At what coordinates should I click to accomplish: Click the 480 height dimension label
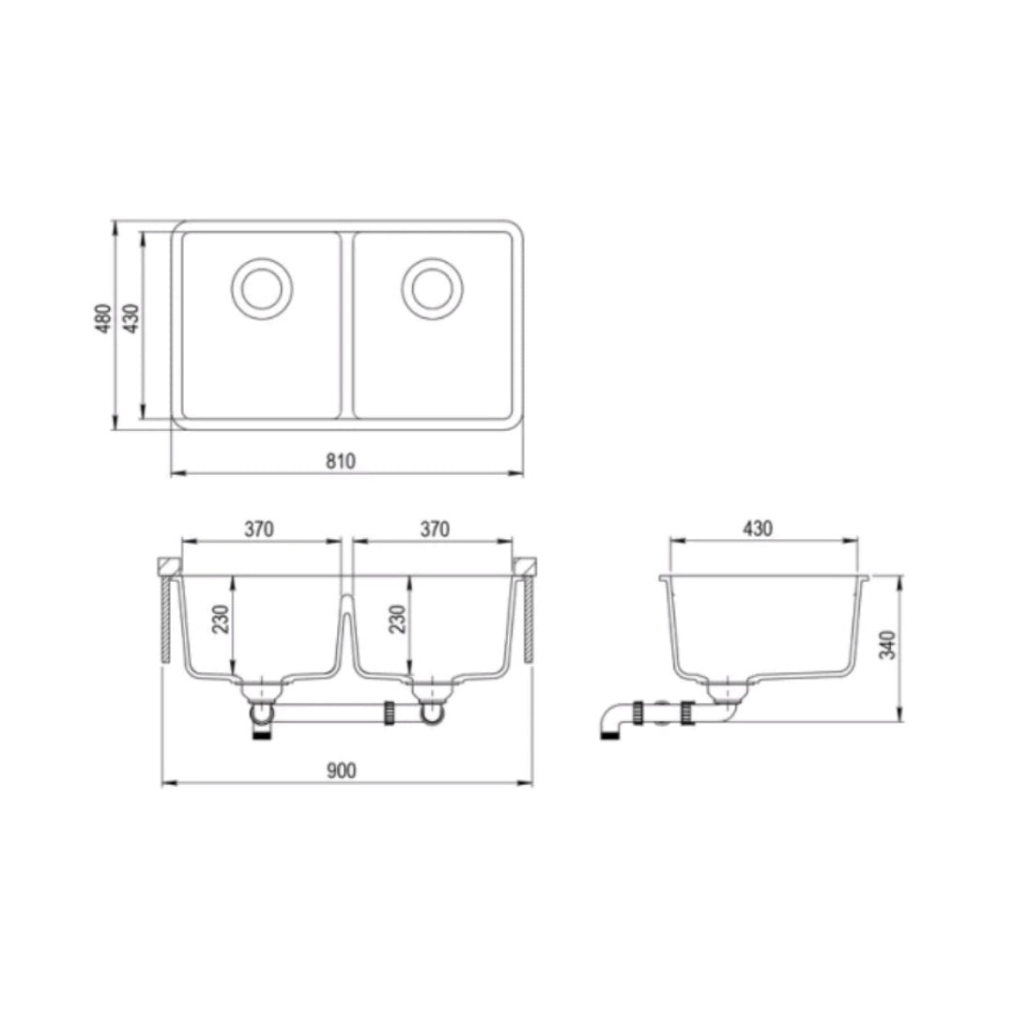(x=105, y=318)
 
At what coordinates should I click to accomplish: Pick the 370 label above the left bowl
(x=259, y=529)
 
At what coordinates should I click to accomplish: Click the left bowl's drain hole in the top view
(x=262, y=287)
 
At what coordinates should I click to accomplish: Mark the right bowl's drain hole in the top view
(x=433, y=287)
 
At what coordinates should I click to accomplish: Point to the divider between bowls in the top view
(x=346, y=324)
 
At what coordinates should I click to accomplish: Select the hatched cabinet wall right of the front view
(x=528, y=620)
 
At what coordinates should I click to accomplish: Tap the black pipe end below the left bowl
(x=263, y=738)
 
